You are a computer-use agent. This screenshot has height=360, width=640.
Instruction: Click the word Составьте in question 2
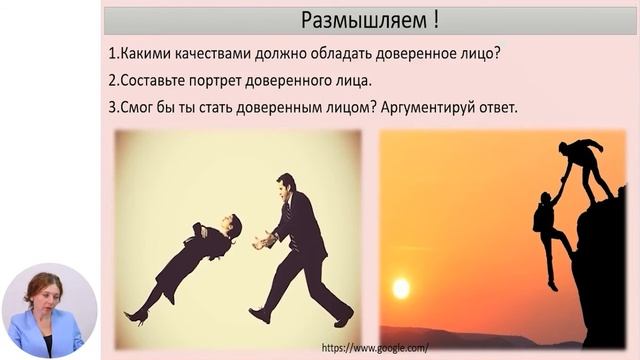(152, 79)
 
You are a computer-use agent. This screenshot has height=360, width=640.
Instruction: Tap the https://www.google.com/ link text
(375, 347)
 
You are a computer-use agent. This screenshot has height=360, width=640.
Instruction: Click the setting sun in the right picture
(401, 288)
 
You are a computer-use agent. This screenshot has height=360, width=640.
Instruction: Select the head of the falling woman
(232, 226)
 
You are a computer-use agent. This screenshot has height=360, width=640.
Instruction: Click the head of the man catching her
(286, 186)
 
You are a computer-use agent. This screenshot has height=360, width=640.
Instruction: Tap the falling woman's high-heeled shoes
(138, 316)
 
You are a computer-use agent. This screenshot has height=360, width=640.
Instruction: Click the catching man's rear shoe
(259, 315)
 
